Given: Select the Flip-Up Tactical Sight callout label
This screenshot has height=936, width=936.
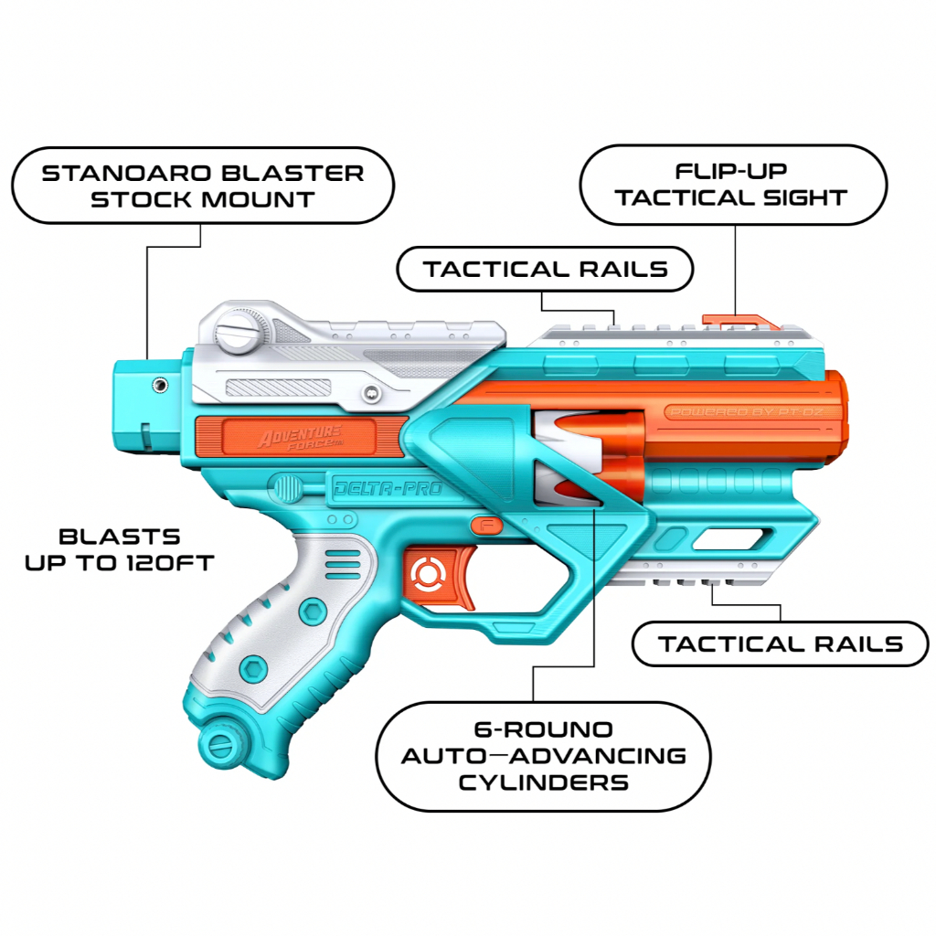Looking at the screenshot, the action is pos(733,185).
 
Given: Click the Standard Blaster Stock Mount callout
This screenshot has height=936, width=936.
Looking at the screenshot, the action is pos(203,186).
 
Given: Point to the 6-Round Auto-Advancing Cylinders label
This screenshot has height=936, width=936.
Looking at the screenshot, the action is pos(543,756).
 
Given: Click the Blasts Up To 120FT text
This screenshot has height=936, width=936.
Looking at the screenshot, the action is pos(120,549).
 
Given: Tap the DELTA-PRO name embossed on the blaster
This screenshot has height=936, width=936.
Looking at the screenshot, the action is pos(388,489).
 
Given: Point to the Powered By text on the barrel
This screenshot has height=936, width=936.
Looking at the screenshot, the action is pos(746,412).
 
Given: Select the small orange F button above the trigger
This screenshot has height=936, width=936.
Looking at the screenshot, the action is pos(486,526).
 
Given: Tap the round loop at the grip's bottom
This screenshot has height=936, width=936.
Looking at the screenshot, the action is pos(221,744).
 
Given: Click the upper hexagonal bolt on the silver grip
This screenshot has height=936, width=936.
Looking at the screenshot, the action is pos(313,612).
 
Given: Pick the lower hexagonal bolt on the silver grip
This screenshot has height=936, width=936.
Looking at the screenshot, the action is pos(253,668).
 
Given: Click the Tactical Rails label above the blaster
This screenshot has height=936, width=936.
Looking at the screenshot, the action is pos(545,270).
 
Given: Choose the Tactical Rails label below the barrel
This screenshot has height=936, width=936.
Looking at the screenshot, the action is pos(781,644).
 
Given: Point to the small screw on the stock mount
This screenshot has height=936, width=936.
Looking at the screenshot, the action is pos(159,385).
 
